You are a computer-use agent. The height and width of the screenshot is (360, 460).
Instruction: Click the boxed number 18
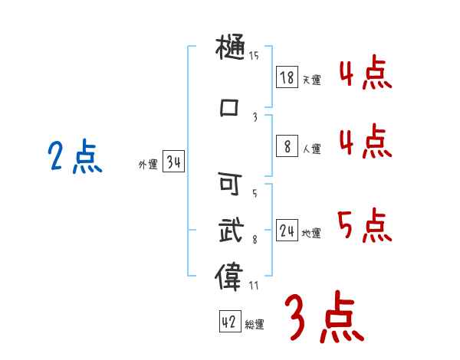(x=287, y=77)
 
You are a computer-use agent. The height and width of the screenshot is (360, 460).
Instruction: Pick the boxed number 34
(x=173, y=162)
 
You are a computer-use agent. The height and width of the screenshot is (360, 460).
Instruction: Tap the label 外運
(x=148, y=165)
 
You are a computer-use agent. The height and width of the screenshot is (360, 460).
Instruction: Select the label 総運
(x=255, y=325)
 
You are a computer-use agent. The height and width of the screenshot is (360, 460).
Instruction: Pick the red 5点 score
(x=365, y=224)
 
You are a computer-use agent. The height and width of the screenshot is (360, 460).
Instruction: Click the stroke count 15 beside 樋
(x=254, y=56)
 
